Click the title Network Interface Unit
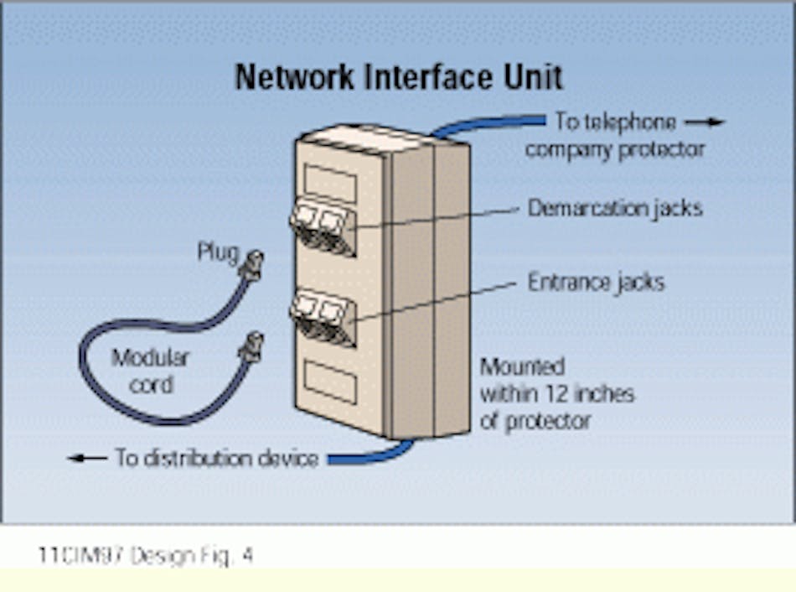[399, 76]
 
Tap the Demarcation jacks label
[614, 208]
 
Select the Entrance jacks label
[596, 283]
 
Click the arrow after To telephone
[703, 122]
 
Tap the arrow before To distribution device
[87, 458]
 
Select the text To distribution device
[217, 458]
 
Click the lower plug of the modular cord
[251, 346]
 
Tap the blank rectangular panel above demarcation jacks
[330, 182]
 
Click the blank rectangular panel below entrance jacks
[330, 382]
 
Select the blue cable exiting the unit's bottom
[369, 455]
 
